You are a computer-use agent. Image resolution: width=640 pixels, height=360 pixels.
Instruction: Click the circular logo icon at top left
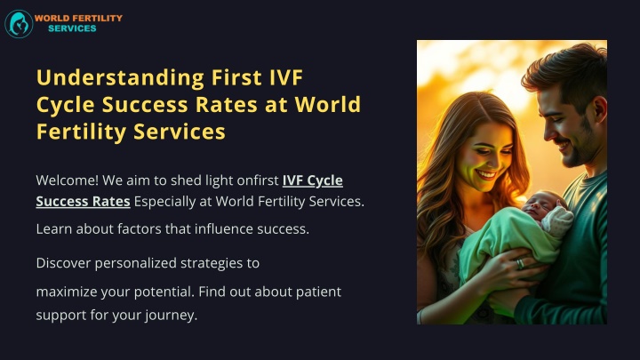click(x=19, y=23)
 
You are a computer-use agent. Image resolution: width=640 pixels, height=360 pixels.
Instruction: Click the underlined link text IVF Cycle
click(x=312, y=180)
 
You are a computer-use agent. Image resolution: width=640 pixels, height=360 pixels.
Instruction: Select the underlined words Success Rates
click(x=83, y=201)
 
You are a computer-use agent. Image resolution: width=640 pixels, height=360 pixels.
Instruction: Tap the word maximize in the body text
click(x=65, y=291)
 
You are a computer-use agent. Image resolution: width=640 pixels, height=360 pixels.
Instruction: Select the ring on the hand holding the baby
click(x=520, y=263)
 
